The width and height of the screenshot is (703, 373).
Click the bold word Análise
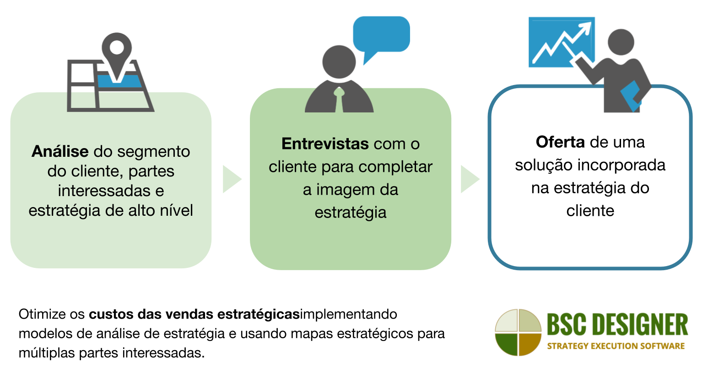[60, 151]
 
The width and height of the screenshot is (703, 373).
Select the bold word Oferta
[560, 142]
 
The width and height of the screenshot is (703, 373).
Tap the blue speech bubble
[381, 35]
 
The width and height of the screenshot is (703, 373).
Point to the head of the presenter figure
[620, 43]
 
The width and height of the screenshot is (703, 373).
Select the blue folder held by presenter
[631, 96]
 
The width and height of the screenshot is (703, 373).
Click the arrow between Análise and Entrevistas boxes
[232, 179]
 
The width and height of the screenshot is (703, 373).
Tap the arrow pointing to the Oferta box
[470, 179]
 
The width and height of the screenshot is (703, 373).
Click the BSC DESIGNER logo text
[617, 325]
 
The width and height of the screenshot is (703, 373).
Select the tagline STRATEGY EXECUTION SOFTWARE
[616, 346]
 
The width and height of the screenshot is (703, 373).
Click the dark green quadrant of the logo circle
[507, 343]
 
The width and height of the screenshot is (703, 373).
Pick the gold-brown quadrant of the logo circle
[529, 343]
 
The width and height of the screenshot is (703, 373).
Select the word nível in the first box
[177, 210]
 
